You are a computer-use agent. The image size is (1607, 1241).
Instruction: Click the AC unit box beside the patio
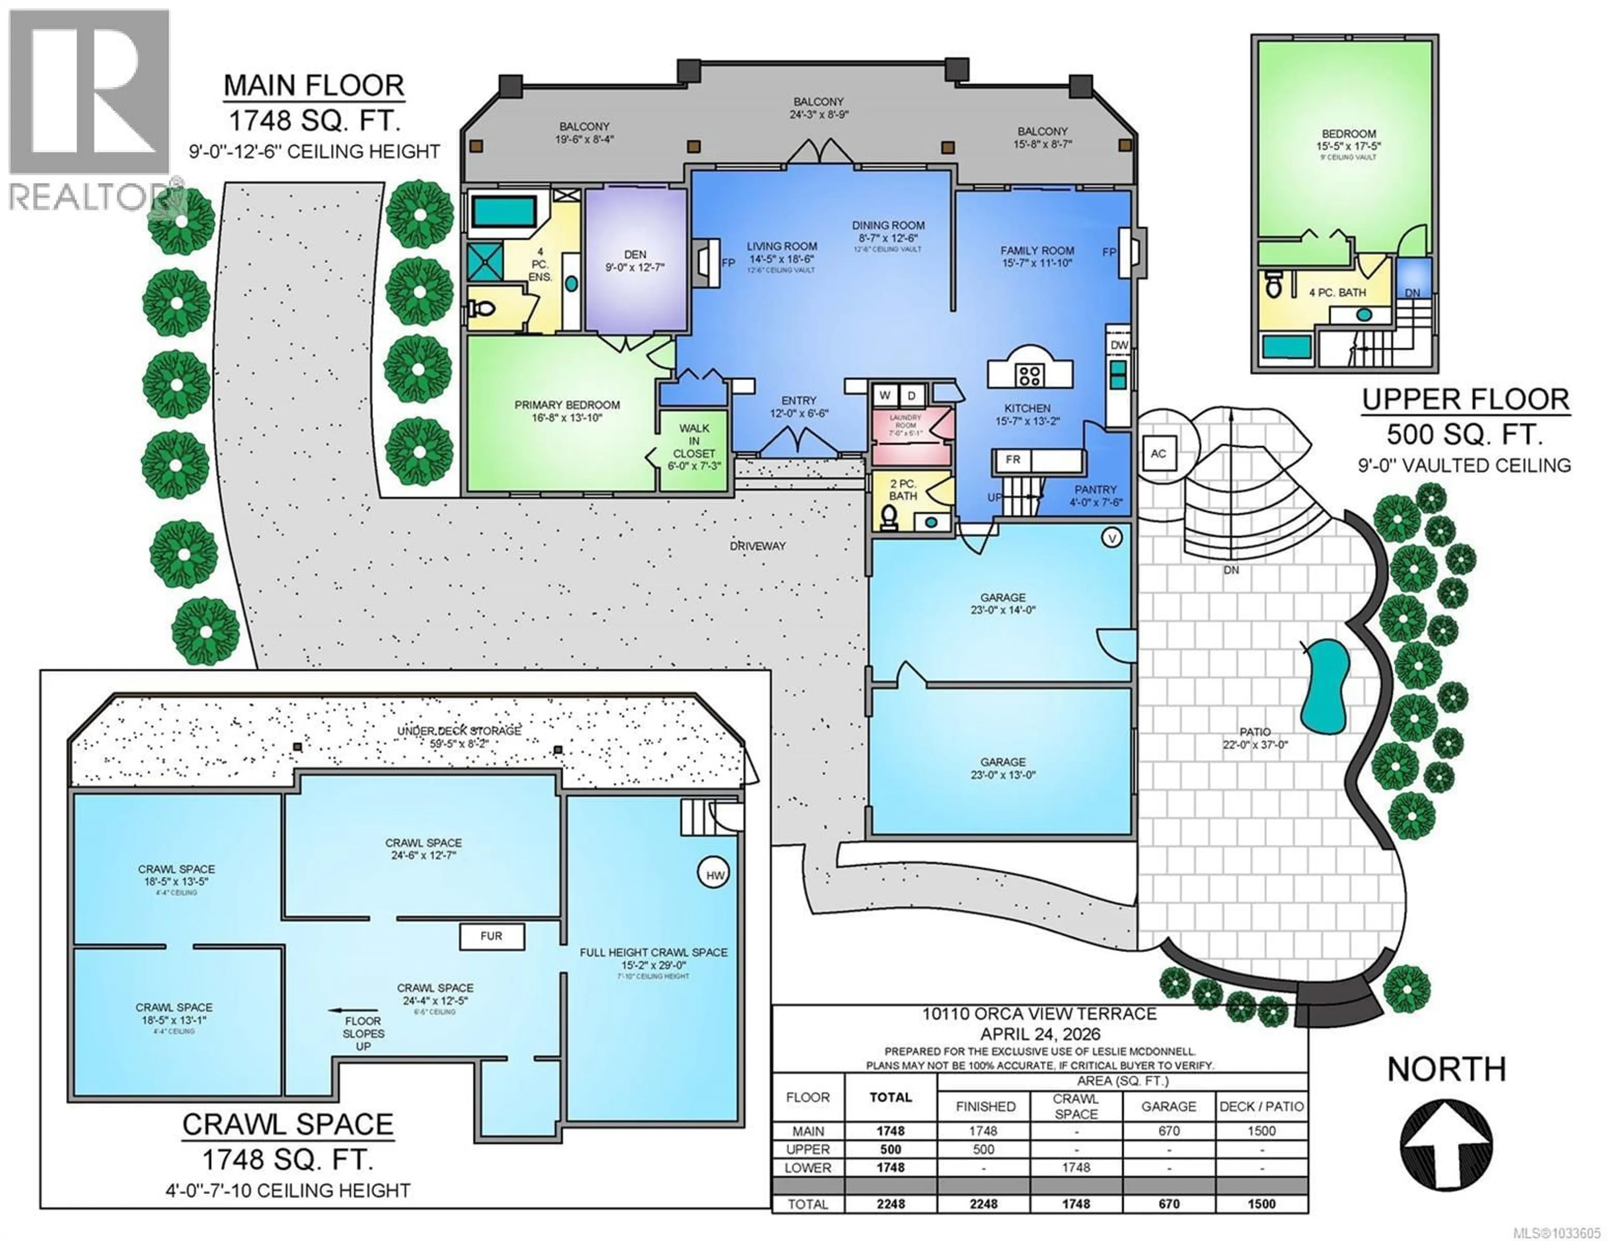1158,453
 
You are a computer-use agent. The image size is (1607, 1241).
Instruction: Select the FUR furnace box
492,937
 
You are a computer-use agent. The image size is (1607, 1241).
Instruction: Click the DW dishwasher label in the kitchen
1119,345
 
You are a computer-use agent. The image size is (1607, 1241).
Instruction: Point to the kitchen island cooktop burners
1029,375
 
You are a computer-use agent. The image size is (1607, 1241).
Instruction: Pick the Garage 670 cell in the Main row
1168,1131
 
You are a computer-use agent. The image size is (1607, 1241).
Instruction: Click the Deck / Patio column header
1261,1106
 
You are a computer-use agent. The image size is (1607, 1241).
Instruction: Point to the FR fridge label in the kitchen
1012,460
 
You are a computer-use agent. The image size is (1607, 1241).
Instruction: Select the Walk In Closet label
694,440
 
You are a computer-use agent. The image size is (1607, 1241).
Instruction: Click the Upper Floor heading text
1466,399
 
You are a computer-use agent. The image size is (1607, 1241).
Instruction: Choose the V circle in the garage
1112,538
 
